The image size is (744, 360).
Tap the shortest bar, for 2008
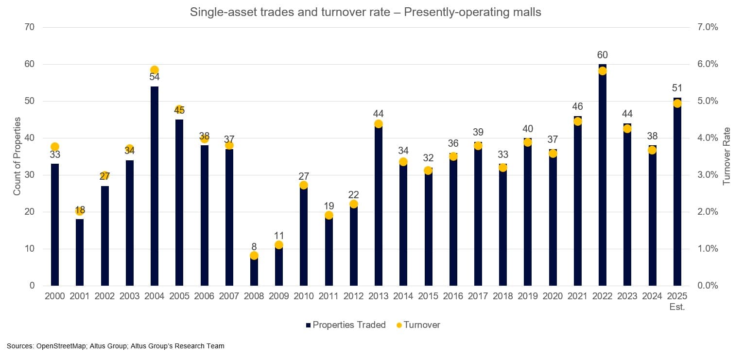coord(254,272)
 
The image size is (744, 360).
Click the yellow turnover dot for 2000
coord(55,147)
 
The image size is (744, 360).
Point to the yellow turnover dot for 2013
coord(379,124)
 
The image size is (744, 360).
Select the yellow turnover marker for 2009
coord(279,245)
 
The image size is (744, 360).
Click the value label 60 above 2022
coord(603,55)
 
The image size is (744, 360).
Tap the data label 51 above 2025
coord(677,88)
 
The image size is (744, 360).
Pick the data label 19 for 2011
coord(329,206)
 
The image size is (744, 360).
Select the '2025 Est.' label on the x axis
coord(677,302)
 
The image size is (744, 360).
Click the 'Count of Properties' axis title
coord(17,156)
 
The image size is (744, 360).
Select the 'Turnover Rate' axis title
coord(727,156)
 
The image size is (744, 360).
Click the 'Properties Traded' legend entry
coord(349,325)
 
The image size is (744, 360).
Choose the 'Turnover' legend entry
coord(421,325)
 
